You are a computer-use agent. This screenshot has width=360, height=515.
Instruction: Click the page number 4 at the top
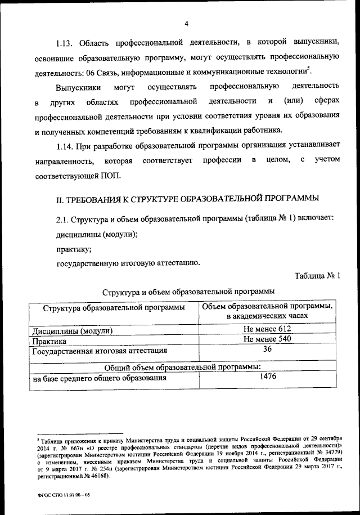186,23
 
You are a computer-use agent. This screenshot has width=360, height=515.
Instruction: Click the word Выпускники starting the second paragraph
78,87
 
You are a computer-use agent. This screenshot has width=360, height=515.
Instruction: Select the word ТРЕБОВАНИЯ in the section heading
101,199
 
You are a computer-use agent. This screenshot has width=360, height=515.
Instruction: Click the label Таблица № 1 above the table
317,275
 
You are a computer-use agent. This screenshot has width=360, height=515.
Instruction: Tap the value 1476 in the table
268,378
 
